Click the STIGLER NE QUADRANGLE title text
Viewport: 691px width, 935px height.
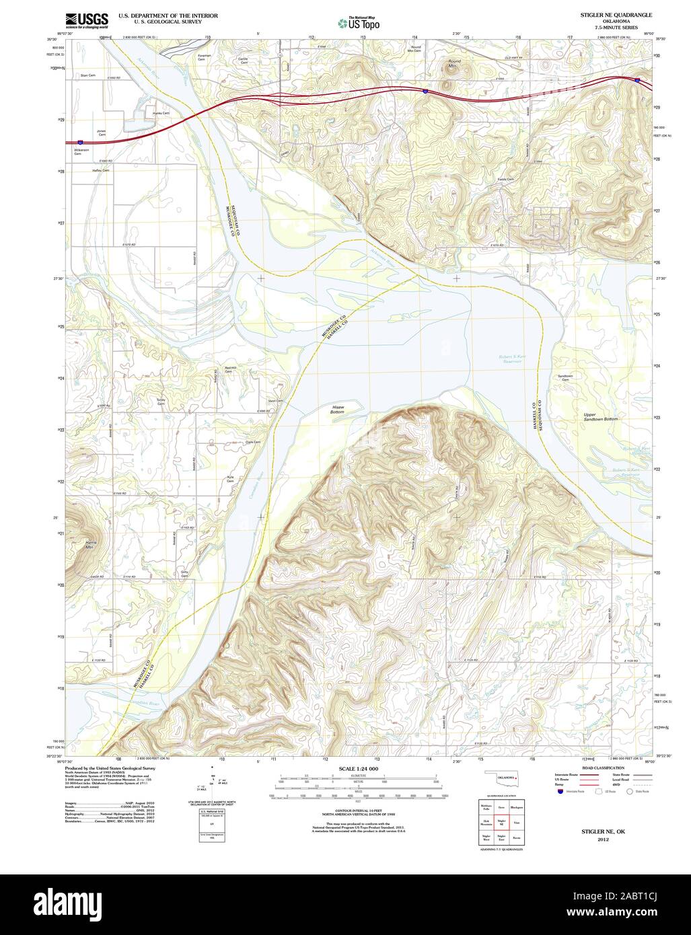pyautogui.click(x=607, y=14)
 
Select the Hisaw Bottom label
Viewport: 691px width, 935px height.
pyautogui.click(x=337, y=409)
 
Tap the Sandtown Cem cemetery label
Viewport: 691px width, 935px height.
pyautogui.click(x=565, y=378)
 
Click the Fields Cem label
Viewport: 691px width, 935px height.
pyautogui.click(x=505, y=180)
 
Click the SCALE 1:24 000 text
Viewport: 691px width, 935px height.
pyautogui.click(x=359, y=768)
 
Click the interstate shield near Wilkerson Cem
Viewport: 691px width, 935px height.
pyautogui.click(x=80, y=143)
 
